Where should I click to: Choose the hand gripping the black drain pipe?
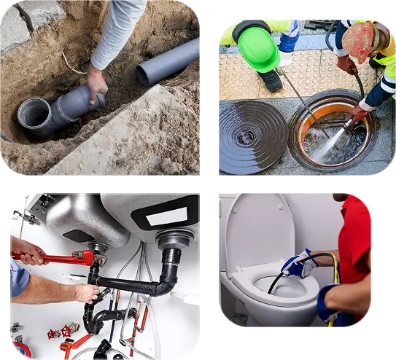point(87,292)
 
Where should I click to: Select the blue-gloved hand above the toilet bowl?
point(298,263)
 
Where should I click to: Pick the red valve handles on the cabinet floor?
point(62,332)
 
